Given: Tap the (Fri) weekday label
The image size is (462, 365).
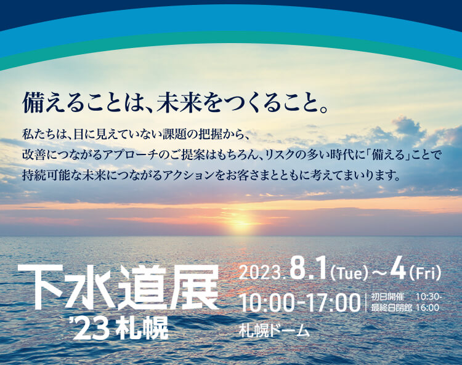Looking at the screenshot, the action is tap(424, 273).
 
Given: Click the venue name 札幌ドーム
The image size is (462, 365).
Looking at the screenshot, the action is tap(275, 331).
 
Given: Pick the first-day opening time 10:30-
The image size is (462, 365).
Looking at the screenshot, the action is tap(428, 297).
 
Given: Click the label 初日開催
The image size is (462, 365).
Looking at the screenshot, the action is tap(387, 297).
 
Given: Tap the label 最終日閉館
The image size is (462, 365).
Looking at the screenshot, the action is tap(391, 308).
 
